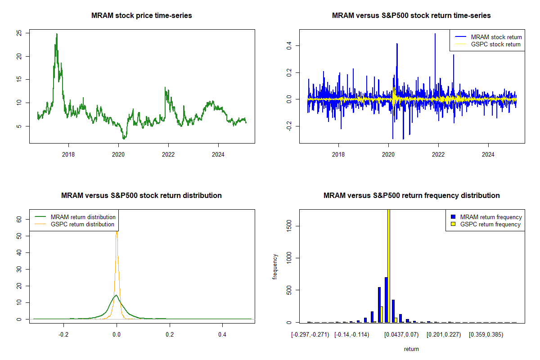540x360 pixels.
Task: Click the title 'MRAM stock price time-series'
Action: pos(141,16)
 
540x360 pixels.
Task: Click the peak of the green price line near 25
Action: pos(57,34)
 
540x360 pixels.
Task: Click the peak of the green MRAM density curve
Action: pos(117,295)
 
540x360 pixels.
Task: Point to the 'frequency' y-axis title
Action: pos(275,267)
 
